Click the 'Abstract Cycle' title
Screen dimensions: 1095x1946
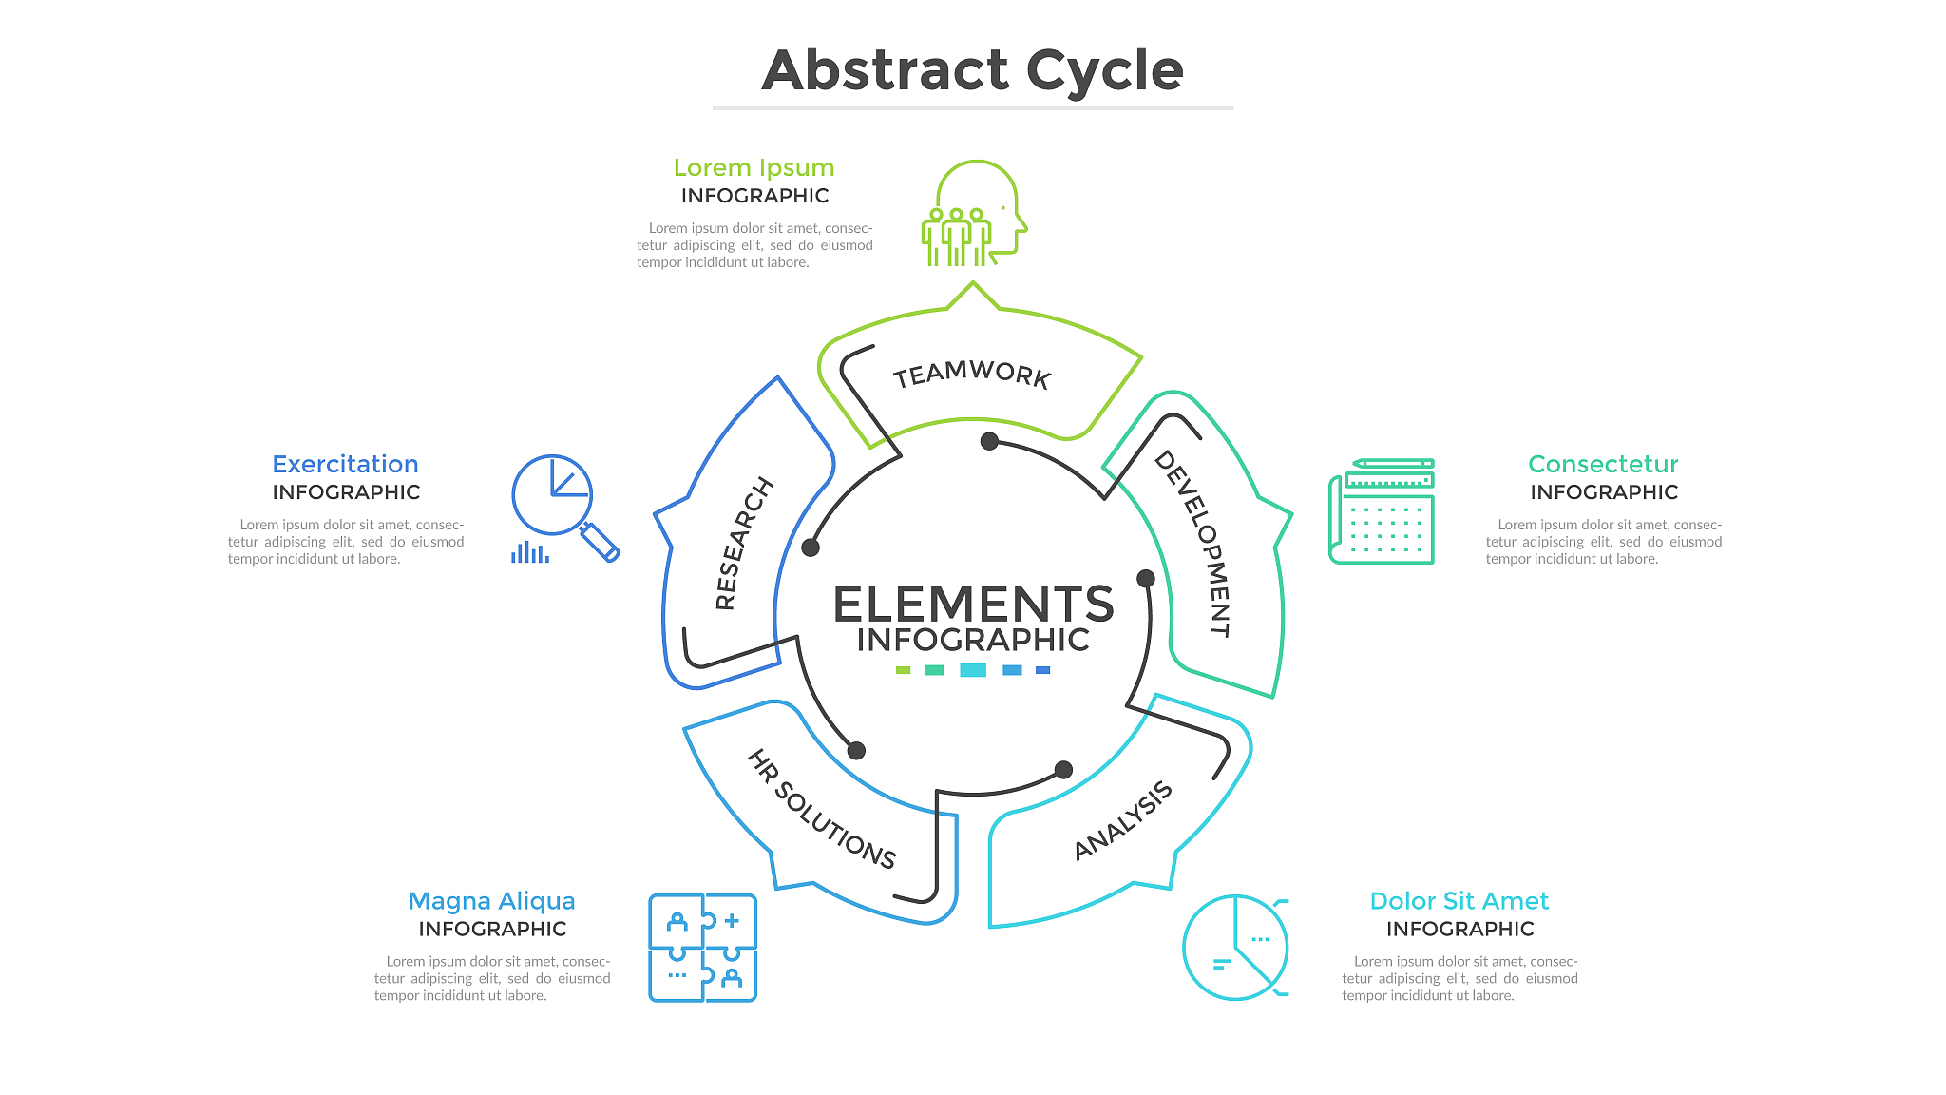[972, 70]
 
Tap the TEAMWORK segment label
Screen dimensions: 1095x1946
[972, 374]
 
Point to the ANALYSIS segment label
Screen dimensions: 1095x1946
[1123, 820]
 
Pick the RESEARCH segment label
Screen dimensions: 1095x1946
[743, 544]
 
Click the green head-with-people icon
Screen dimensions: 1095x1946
[974, 214]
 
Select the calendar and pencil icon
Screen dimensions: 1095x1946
[1382, 511]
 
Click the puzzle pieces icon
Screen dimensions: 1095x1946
[702, 948]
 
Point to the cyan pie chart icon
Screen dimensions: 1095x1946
[1235, 947]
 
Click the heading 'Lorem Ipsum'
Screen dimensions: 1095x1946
[754, 168]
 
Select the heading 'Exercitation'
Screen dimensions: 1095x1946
[345, 464]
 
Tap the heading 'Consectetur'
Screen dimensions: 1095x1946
[1603, 464]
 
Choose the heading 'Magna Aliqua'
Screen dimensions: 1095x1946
[491, 900]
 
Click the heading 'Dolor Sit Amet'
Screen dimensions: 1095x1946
[1459, 900]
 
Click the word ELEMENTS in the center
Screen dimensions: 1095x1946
[973, 604]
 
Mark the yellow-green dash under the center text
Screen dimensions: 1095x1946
[903, 670]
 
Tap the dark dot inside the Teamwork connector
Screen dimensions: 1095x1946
[989, 441]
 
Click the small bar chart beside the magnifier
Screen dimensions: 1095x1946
[530, 552]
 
